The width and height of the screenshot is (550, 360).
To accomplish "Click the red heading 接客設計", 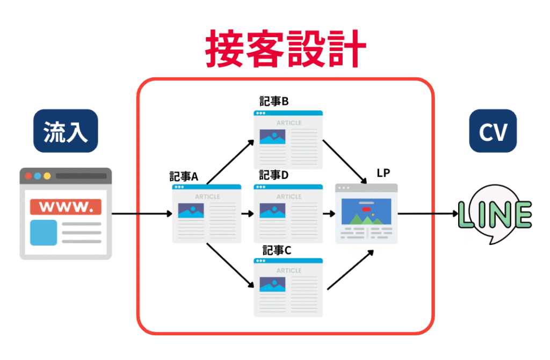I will tap(285, 49).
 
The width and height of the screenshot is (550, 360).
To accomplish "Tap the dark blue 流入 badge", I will tap(66, 131).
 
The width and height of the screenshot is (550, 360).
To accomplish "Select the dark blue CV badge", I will tap(493, 131).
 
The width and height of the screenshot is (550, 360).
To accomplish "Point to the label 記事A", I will tap(184, 177).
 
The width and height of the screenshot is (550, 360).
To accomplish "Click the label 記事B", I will tap(274, 102).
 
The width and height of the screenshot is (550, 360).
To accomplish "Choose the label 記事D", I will tap(274, 175).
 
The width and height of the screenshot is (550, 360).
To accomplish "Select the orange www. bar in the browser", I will tap(66, 206).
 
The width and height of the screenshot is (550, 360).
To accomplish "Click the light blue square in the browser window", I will tap(43, 232).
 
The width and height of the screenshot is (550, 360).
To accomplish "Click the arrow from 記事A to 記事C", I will tap(230, 267).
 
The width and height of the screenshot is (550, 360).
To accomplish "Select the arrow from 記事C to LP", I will tap(350, 269).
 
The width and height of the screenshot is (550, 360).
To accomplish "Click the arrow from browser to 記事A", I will tap(142, 214).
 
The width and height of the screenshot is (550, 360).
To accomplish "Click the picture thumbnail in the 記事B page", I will tap(272, 136).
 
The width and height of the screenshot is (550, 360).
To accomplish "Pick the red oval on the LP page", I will tap(366, 208).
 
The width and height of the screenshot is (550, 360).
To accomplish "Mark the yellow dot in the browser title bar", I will tap(47, 176).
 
